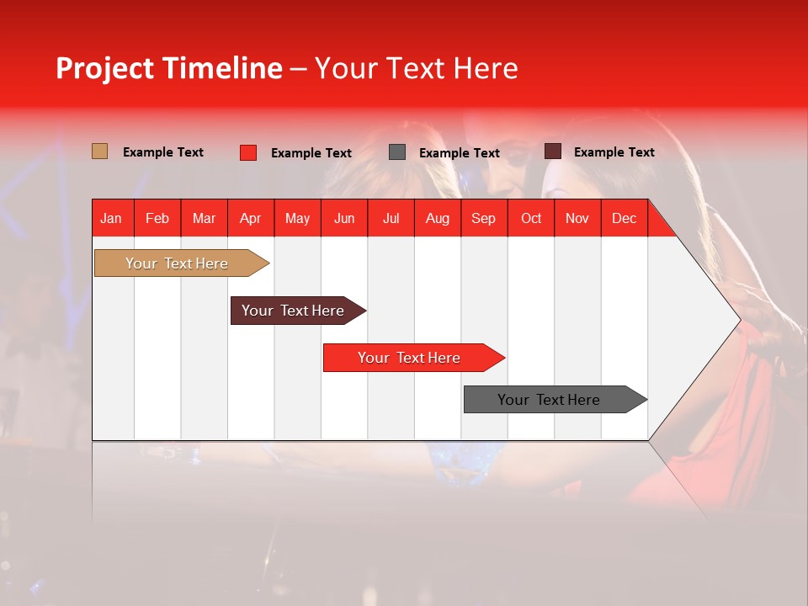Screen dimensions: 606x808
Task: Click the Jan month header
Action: coord(111,218)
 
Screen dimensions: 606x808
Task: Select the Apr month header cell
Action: coord(250,218)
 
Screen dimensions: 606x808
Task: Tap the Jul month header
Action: coord(391,218)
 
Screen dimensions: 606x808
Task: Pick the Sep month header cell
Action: coord(483,218)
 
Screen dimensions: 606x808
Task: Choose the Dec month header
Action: coord(624,218)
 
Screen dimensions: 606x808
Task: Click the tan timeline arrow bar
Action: coord(177,263)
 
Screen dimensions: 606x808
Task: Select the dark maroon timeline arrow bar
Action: coord(293,311)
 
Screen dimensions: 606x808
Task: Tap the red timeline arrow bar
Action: coord(409,358)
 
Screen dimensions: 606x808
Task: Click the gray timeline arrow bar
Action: coord(549,400)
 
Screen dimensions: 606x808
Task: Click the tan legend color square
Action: coord(99,151)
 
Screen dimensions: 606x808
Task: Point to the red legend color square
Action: coord(248,152)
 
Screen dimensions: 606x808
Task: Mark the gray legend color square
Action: coord(397,151)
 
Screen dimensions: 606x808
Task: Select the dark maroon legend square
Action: coord(552,151)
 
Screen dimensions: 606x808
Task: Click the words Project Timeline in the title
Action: coord(169,68)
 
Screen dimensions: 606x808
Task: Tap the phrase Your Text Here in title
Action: coord(416,68)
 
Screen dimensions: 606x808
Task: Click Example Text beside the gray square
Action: coord(460,153)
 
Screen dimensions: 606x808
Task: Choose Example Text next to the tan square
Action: coord(163,152)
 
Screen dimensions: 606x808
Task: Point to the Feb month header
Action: coord(157,218)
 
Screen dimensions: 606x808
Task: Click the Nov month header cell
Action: coord(577,218)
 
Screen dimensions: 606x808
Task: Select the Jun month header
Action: coord(344,218)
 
